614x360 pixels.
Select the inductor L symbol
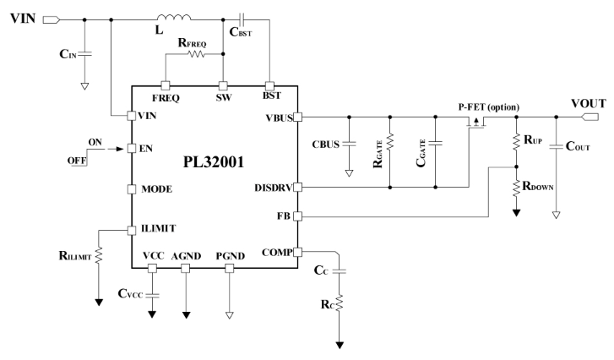click(x=172, y=16)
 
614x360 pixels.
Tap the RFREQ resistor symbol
click(x=196, y=55)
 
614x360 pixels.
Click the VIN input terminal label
click(x=19, y=17)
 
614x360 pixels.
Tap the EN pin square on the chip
click(x=132, y=149)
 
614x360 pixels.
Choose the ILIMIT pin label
click(x=160, y=227)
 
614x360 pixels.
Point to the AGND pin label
click(x=187, y=254)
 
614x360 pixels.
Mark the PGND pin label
click(x=228, y=254)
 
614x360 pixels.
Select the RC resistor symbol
click(x=340, y=303)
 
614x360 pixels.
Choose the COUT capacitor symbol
click(x=557, y=147)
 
